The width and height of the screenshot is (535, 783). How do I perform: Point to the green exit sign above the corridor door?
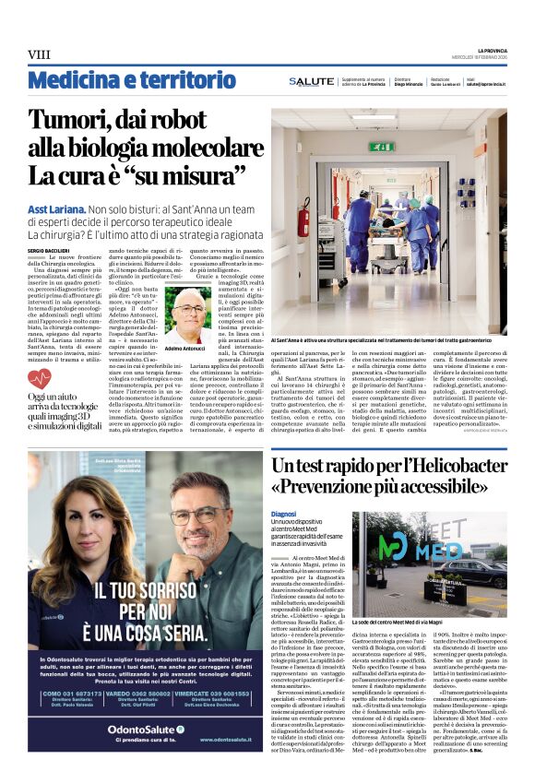tap(382, 147)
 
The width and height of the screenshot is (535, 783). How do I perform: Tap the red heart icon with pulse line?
tap(40, 378)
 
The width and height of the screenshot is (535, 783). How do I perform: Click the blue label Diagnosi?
tap(283, 514)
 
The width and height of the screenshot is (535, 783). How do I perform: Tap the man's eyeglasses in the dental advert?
tap(199, 516)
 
